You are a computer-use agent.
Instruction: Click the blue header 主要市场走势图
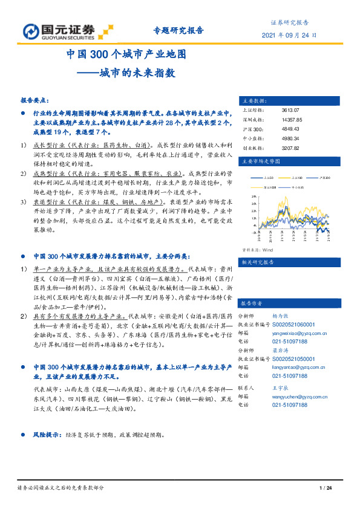(261, 161)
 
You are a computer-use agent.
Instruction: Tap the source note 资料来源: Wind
(258, 249)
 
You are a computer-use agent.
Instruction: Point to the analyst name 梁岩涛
(280, 349)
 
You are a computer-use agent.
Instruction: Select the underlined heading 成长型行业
(45, 146)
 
